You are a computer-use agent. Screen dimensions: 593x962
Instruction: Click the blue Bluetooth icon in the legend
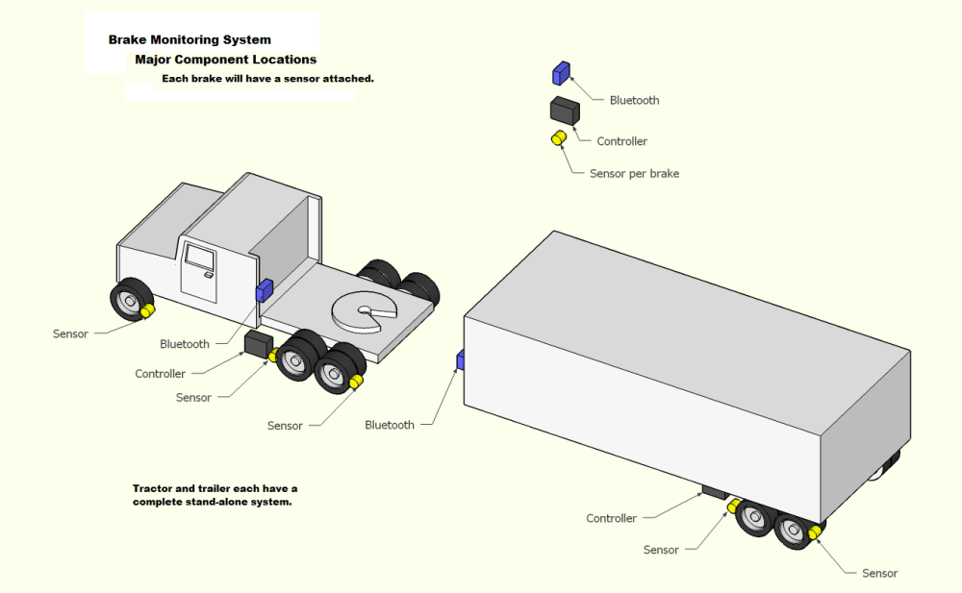pos(561,73)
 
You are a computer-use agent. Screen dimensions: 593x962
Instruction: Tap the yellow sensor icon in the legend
pos(557,140)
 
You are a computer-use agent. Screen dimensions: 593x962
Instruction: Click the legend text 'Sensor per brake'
pos(634,174)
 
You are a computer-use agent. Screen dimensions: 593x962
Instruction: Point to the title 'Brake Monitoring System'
pos(190,40)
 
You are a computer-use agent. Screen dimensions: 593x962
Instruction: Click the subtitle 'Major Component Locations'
pos(225,60)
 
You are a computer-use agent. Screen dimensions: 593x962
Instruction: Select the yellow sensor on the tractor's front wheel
pos(147,310)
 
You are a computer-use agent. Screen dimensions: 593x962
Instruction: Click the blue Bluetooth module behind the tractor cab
pos(264,290)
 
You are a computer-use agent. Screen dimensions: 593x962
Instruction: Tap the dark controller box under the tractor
pos(257,342)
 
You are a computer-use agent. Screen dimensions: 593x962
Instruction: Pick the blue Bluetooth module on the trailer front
pos(461,360)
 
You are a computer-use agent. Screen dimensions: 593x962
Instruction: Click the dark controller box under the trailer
pos(714,491)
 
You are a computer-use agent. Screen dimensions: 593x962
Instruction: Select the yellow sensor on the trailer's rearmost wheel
pos(815,531)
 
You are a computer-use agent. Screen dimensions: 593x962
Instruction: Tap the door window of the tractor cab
pos(200,257)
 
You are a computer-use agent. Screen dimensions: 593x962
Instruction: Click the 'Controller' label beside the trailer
pos(611,519)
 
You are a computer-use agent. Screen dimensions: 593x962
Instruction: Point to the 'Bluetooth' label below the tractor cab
pos(184,344)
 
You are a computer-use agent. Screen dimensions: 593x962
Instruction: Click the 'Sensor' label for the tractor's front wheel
pos(70,334)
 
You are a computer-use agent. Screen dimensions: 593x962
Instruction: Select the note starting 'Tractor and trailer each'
pos(215,495)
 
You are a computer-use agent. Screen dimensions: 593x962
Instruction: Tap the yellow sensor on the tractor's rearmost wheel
pos(356,383)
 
